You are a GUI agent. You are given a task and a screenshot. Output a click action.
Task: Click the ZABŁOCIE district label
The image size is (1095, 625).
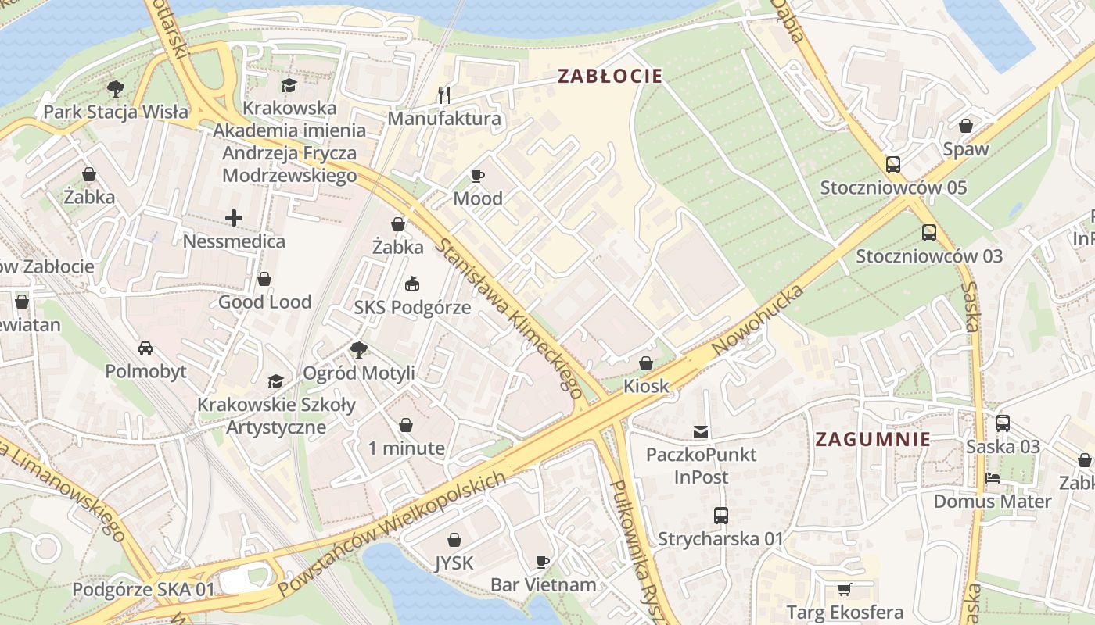[609, 76]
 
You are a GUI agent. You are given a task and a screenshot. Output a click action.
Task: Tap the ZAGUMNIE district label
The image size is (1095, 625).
[873, 439]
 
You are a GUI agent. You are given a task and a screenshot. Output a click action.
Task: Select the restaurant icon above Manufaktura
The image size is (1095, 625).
[444, 95]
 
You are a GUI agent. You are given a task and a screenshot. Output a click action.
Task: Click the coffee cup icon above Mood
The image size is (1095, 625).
[477, 176]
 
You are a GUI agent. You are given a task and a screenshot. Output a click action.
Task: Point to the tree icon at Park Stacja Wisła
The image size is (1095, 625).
[115, 88]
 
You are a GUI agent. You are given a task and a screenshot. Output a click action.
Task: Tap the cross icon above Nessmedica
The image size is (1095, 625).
[233, 218]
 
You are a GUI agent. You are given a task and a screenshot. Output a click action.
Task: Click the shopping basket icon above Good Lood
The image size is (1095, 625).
[264, 279]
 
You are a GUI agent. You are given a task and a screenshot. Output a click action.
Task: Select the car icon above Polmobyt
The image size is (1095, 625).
[145, 348]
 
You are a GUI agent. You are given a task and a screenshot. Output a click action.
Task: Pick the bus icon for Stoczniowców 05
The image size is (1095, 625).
[892, 165]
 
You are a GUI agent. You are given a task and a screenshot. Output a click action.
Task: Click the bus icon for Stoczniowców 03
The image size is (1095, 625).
[928, 233]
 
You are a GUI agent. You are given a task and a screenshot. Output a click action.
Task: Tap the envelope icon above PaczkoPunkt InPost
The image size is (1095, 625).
[700, 431]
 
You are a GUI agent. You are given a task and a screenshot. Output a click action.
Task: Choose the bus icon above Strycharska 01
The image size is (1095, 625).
[720, 516]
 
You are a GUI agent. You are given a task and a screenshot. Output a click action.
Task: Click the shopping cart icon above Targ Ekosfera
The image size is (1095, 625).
[844, 589]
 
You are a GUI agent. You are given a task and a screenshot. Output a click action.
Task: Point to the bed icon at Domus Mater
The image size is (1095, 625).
[992, 477]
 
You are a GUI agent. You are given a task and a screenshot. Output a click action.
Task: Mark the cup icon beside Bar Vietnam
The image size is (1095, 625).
[543, 562]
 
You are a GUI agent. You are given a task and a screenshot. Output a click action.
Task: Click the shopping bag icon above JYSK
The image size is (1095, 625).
[454, 540]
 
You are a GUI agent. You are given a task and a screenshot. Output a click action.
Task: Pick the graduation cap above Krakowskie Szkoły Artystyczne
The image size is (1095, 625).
[275, 381]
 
